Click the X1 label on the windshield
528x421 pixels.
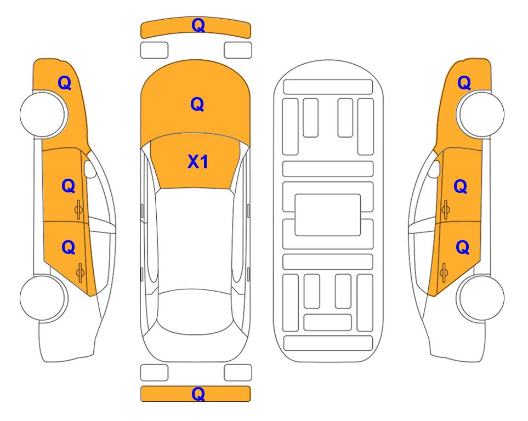[198, 162]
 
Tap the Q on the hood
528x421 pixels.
[197, 104]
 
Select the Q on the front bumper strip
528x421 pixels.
[198, 25]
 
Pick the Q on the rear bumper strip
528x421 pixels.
[198, 394]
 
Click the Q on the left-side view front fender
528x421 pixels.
[65, 83]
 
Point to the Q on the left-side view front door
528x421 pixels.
[69, 186]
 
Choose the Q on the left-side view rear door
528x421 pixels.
[69, 248]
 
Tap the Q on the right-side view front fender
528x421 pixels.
[464, 83]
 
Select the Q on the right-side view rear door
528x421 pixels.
[462, 248]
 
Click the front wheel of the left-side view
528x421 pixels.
[43, 114]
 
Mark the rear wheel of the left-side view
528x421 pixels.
[43, 298]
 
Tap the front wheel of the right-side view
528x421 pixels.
[480, 114]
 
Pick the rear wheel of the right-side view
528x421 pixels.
[480, 298]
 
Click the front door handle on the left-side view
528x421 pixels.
[79, 209]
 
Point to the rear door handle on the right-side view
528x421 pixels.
[444, 273]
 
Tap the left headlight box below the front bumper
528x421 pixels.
[154, 50]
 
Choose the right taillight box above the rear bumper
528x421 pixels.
[238, 373]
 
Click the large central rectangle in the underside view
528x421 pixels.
[328, 215]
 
